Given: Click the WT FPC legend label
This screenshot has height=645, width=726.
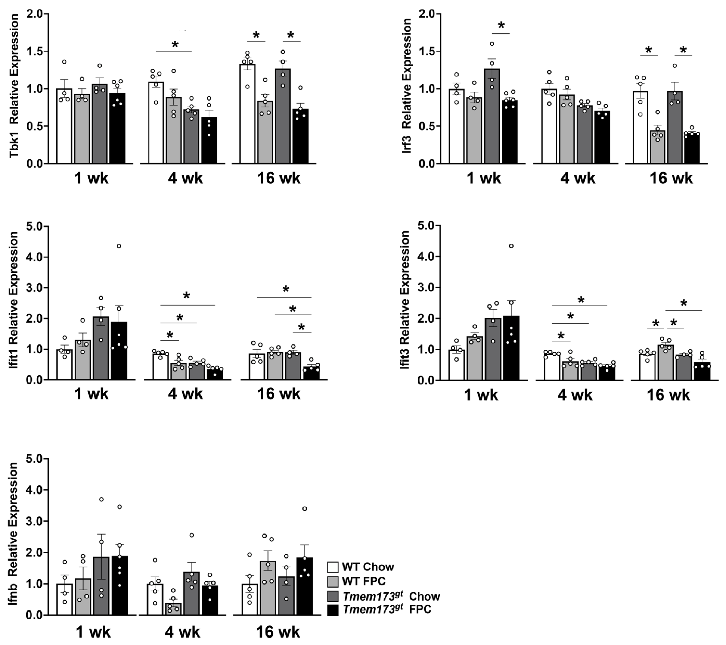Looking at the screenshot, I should click(363, 581).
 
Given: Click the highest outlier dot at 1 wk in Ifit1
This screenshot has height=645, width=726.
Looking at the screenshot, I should click(119, 246).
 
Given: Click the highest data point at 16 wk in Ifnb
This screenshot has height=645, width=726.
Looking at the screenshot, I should click(304, 508).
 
